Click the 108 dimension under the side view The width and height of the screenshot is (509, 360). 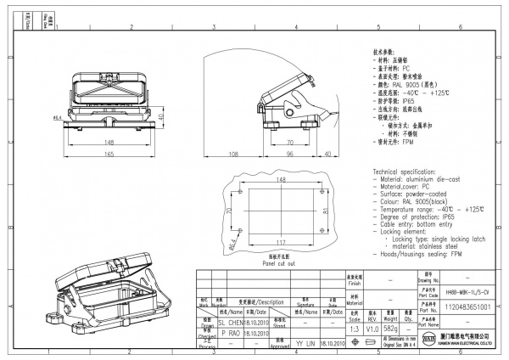point(232,155)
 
